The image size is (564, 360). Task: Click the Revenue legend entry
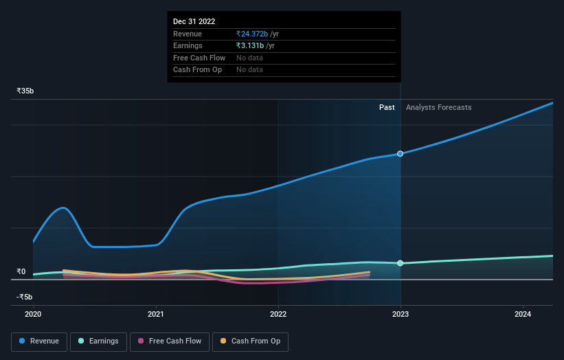point(39,341)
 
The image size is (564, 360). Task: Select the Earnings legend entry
point(98,341)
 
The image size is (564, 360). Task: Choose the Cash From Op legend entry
point(250,341)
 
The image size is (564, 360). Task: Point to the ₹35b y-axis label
point(25,91)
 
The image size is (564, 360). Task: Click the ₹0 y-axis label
point(21,271)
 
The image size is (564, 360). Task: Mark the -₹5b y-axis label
point(24,297)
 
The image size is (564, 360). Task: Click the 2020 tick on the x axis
point(33,314)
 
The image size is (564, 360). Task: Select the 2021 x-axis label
point(156,314)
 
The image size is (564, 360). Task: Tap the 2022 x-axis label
point(278,314)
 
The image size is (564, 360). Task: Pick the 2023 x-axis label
point(401,314)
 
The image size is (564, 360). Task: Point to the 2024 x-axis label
point(523,314)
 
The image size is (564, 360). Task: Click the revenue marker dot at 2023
point(401,154)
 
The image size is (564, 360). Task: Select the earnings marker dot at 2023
point(401,263)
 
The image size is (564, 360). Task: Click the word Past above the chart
point(387,107)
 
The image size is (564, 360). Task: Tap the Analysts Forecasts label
point(438,107)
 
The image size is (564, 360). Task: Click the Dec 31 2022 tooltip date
point(194,21)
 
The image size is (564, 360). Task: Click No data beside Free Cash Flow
point(249,58)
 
